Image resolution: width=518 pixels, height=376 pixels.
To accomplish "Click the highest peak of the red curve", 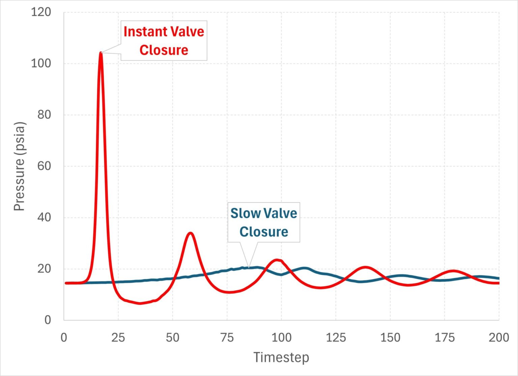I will pyautogui.click(x=100, y=53).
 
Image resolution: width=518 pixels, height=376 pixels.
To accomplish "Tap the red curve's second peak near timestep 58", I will pyautogui.click(x=191, y=233).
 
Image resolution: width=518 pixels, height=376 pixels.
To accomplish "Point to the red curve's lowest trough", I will pyautogui.click(x=140, y=303).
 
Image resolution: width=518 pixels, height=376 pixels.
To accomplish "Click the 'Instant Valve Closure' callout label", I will pyautogui.click(x=164, y=40).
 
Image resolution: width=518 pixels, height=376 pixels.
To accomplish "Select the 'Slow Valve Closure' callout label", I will pyautogui.click(x=264, y=222).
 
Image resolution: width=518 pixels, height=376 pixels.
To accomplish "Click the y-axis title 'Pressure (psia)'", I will pyautogui.click(x=19, y=166).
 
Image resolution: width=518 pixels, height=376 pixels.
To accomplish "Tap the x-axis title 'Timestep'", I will pyautogui.click(x=281, y=357).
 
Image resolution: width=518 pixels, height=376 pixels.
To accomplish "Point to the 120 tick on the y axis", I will pyautogui.click(x=41, y=12).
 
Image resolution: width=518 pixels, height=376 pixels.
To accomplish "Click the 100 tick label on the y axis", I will pyautogui.click(x=41, y=63).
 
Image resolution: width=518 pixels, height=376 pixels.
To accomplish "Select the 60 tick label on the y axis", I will pyautogui.click(x=44, y=166).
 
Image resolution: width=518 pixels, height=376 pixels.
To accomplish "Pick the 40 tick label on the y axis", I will pyautogui.click(x=44, y=217).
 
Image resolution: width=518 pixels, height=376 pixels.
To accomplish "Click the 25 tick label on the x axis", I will pyautogui.click(x=118, y=337).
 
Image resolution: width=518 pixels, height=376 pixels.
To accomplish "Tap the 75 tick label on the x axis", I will pyautogui.click(x=227, y=337).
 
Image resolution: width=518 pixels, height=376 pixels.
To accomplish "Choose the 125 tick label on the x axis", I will pyautogui.click(x=336, y=337).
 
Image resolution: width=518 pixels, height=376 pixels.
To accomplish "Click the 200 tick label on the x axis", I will pyautogui.click(x=498, y=337).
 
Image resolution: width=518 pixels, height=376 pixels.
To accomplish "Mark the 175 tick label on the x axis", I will pyautogui.click(x=444, y=337).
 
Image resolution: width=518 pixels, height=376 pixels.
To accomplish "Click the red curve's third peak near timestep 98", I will pyautogui.click(x=277, y=260).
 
